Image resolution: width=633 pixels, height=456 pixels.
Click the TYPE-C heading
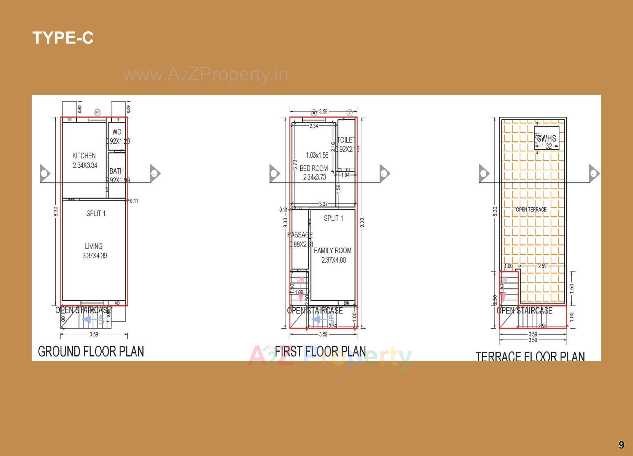point(63,38)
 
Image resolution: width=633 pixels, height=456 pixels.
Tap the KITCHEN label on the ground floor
point(84,156)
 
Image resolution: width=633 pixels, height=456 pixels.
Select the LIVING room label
point(94,246)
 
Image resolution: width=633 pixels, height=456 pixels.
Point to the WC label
point(117,132)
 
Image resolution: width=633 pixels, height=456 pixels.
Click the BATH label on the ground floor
point(117,171)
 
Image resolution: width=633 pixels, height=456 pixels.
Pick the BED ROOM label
point(314,168)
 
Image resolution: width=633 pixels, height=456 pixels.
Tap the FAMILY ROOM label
point(332,251)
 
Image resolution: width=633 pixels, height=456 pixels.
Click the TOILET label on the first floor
point(346,140)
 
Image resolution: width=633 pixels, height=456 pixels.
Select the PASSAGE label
point(300,235)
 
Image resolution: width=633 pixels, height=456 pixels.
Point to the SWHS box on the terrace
point(547,138)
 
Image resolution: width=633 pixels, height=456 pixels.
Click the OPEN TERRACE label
point(531,210)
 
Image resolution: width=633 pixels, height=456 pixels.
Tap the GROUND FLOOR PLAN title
point(91,351)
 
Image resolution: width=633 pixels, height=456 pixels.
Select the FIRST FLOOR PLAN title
point(320,351)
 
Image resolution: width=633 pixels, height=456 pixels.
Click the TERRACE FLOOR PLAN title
point(530,357)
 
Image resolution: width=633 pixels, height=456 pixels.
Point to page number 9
point(621,445)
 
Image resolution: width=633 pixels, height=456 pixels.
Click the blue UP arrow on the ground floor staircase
point(88,319)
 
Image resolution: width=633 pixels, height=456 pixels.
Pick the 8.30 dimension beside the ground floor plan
point(56,212)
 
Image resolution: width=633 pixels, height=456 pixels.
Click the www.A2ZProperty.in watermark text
point(205,74)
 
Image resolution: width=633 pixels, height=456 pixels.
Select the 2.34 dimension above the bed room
point(314,126)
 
